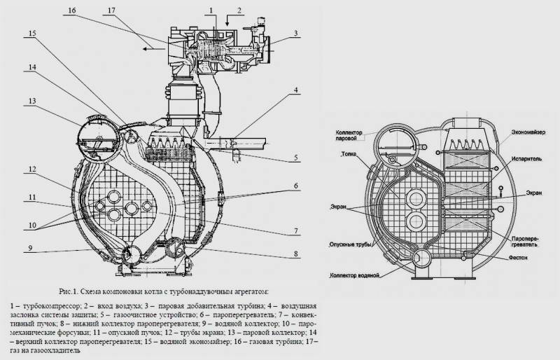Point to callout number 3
pyautogui.click(x=296, y=33)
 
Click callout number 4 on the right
pyautogui.click(x=297, y=90)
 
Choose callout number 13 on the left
pyautogui.click(x=31, y=100)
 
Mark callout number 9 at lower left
pyautogui.click(x=31, y=247)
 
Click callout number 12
pyautogui.click(x=31, y=169)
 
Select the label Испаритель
pyautogui.click(x=528, y=158)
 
